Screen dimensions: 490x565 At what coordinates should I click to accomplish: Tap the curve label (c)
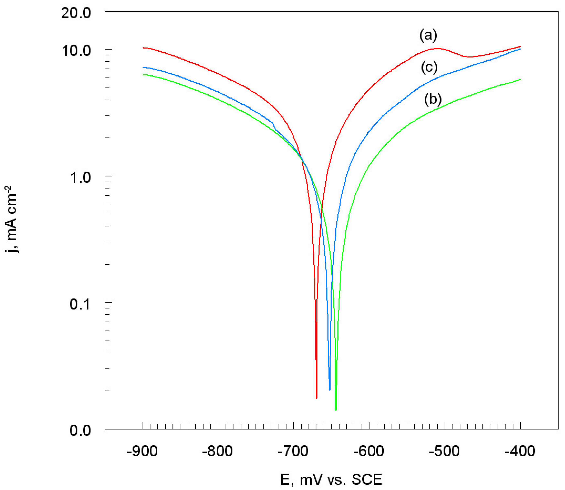(429, 67)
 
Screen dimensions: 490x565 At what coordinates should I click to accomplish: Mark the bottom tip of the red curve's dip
(316, 398)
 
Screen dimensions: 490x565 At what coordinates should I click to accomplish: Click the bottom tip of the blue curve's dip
(329, 390)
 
